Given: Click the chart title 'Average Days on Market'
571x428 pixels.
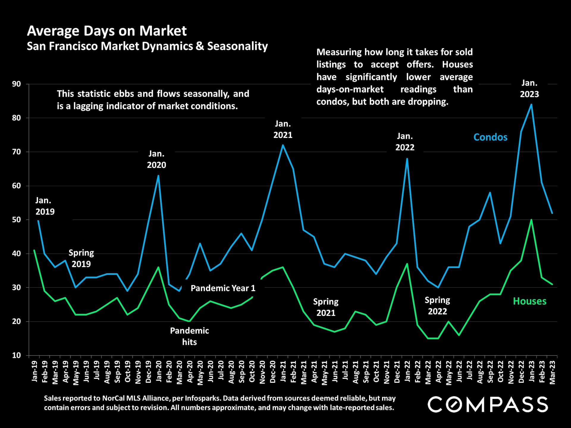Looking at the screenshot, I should point(107,31).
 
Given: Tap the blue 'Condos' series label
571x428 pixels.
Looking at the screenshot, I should point(490,137).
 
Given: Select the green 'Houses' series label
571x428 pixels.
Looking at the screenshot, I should point(529,301).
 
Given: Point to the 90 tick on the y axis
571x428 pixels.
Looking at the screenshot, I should point(17,84).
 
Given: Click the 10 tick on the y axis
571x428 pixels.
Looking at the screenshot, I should point(17,355).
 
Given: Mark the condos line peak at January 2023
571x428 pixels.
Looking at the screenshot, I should point(531,104).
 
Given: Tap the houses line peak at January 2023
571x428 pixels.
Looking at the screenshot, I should point(531,220).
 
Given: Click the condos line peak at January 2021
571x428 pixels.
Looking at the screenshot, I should point(283,145).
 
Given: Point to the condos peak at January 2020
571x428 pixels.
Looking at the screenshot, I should point(158,175).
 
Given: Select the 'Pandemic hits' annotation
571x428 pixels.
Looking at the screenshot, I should point(189,336).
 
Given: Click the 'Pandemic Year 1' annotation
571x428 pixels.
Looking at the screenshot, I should point(223,288).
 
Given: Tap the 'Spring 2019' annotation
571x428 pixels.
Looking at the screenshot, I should point(81,258).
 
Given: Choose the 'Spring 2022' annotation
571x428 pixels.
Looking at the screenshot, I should point(437,306).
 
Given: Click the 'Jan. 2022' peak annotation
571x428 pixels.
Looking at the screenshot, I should point(405,142).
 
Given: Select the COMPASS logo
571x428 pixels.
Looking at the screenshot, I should point(487,404).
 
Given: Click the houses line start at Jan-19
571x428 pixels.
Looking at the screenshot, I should point(34,250).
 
